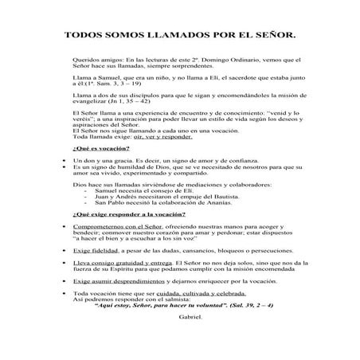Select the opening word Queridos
point(84,60)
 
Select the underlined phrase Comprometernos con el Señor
point(117,228)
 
